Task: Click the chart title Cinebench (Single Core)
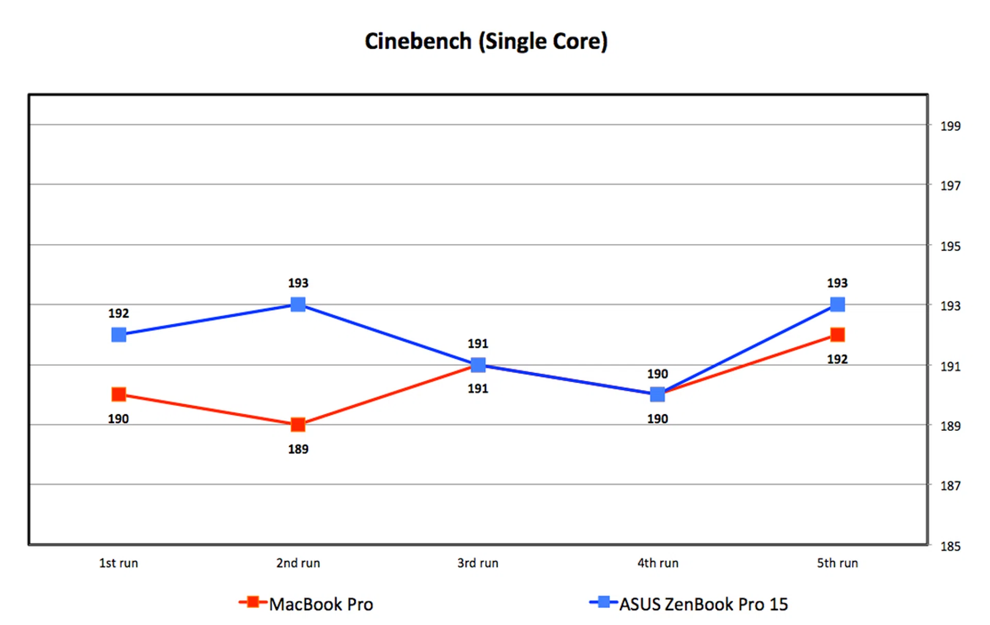[486, 41]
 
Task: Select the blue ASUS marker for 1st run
[119, 335]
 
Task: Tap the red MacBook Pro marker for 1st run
[119, 395]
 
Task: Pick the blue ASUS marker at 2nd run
[298, 305]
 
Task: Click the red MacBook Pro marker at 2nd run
[298, 425]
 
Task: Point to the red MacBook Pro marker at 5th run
[837, 335]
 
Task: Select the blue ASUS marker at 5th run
[837, 305]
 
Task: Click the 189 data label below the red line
[298, 449]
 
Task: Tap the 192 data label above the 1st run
[119, 313]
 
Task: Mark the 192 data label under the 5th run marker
[837, 359]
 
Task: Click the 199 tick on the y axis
[950, 126]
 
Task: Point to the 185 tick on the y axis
[950, 546]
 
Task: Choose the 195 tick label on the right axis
[950, 246]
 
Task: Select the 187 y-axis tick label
[950, 486]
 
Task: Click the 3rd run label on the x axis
[478, 563]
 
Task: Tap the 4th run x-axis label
[658, 563]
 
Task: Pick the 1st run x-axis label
[119, 563]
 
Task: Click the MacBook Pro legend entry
[320, 604]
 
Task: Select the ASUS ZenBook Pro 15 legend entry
[703, 604]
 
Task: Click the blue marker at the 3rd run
[478, 365]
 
